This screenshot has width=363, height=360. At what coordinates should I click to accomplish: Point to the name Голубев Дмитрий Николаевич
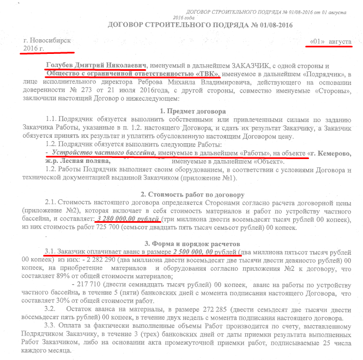tap(98, 65)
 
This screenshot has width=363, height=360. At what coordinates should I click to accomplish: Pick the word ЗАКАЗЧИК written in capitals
tap(262, 65)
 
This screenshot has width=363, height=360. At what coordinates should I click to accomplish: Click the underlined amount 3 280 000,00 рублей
tap(129, 219)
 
